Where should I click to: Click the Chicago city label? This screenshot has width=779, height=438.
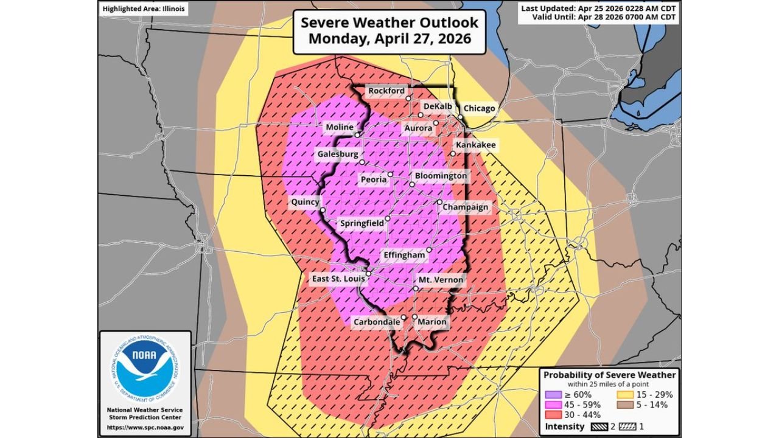(x=479, y=108)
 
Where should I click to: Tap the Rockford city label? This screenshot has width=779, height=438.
(x=386, y=91)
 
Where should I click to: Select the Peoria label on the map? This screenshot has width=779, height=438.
(x=373, y=179)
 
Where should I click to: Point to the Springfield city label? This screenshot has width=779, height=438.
(x=362, y=223)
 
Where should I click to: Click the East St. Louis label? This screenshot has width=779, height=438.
(x=338, y=278)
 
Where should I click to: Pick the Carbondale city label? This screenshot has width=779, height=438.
(x=377, y=321)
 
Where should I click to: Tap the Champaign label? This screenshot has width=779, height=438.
(x=465, y=207)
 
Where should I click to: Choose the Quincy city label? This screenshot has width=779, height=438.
(x=305, y=202)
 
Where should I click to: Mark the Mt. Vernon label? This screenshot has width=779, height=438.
(x=441, y=280)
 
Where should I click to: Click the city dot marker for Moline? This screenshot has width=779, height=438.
(x=358, y=134)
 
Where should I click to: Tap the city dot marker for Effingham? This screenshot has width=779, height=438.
(x=429, y=250)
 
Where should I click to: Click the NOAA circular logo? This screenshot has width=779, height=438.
(x=145, y=368)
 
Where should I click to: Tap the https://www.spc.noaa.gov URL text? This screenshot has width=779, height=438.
(x=145, y=428)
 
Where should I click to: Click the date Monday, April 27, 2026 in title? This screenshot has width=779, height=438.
(x=389, y=38)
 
